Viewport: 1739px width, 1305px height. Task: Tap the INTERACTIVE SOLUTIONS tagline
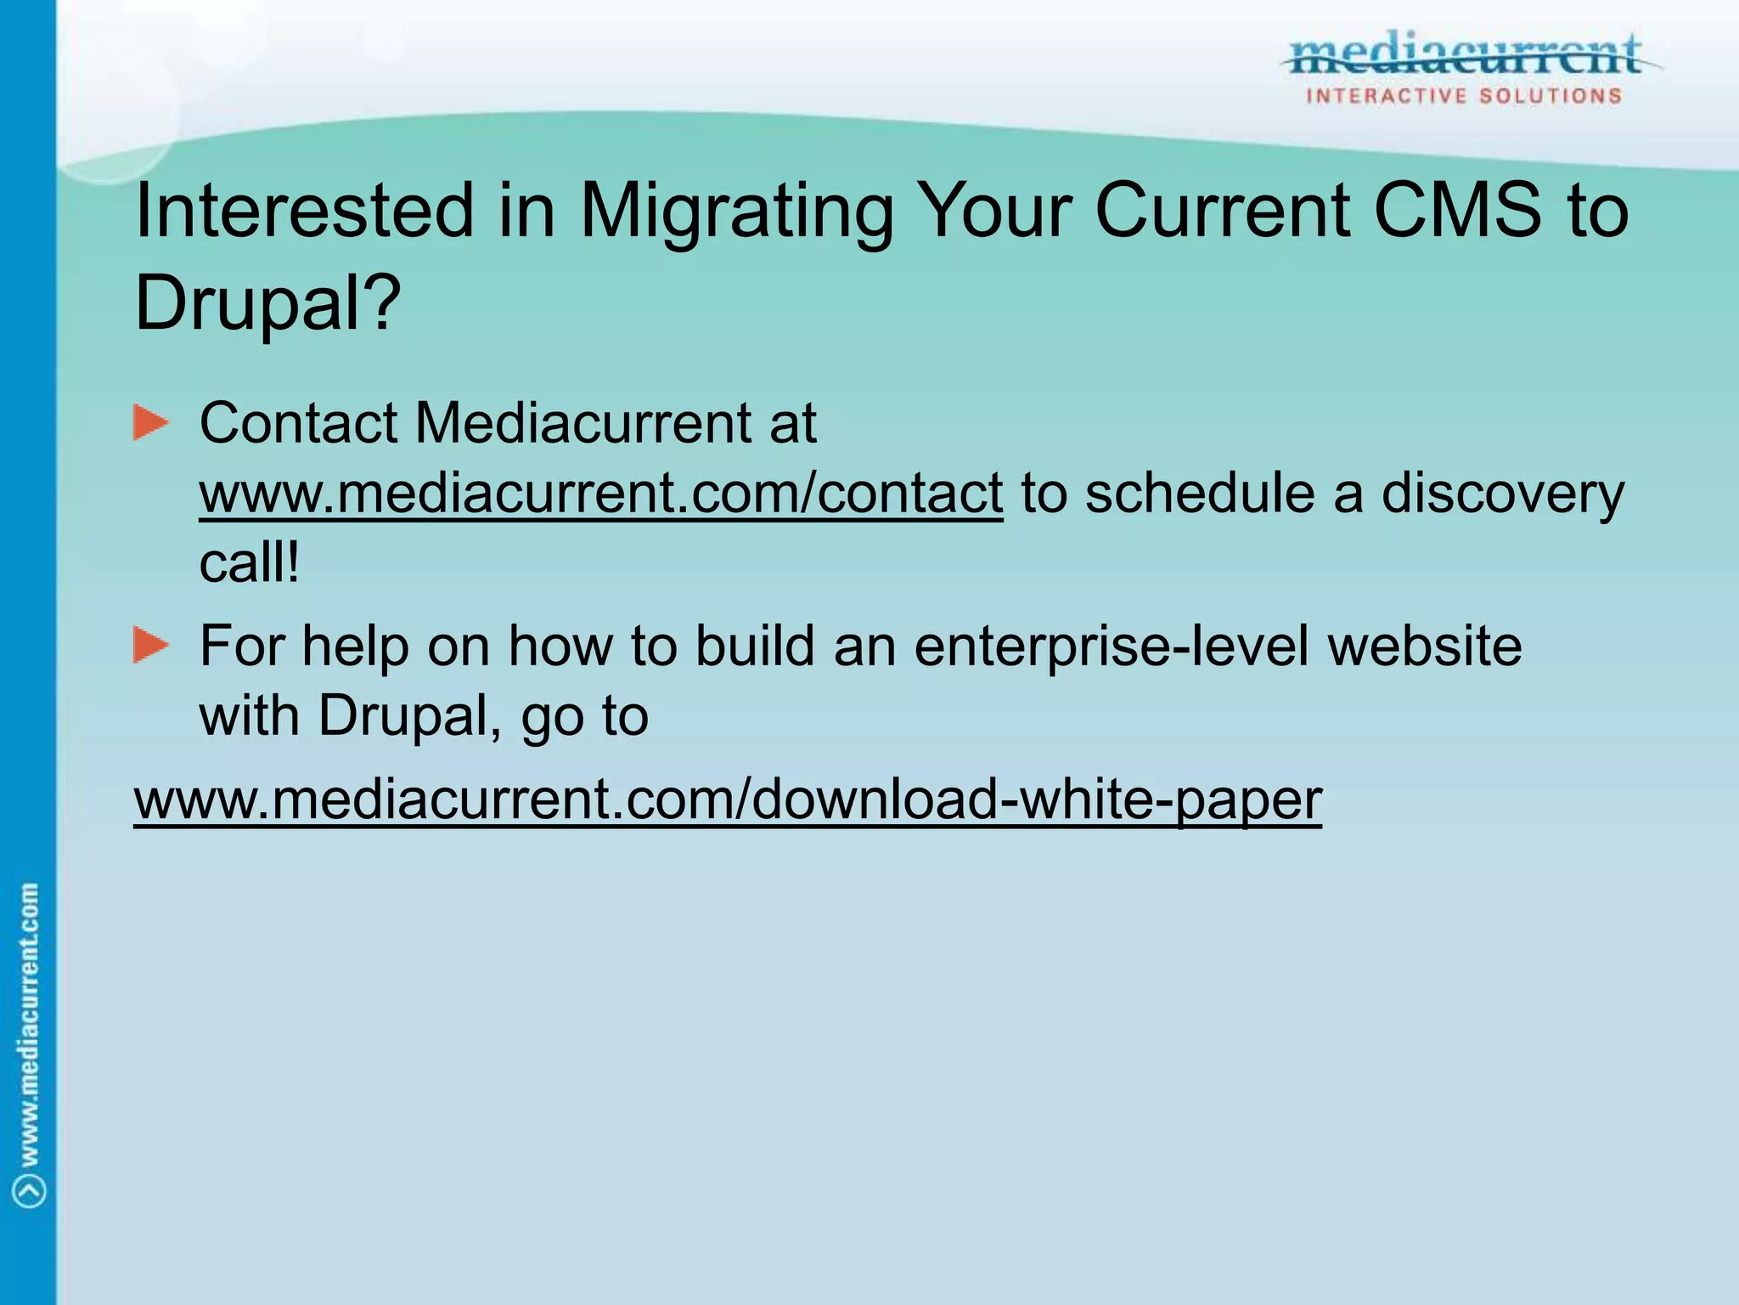click(1464, 96)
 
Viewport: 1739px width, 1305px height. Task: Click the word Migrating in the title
click(736, 212)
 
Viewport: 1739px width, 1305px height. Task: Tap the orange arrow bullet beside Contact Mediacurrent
click(151, 423)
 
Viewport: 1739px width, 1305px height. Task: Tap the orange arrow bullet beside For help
click(151, 646)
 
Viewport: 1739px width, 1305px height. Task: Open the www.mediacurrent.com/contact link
click(600, 494)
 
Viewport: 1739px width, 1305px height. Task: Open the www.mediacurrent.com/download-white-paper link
click(728, 799)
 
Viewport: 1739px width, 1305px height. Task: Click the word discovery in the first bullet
click(1502, 494)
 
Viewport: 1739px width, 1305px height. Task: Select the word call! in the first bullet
click(249, 562)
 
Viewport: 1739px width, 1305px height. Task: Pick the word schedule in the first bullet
click(1199, 493)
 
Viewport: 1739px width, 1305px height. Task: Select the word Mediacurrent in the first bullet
click(582, 423)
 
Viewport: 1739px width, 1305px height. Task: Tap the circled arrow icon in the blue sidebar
click(31, 1190)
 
